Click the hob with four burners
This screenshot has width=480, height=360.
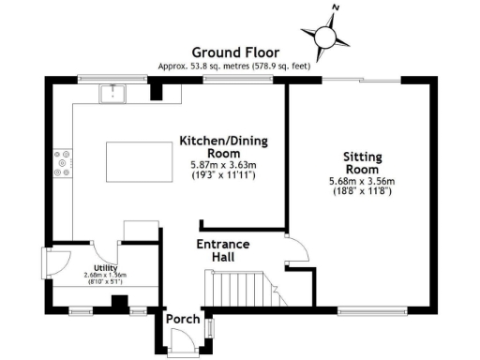point(63,164)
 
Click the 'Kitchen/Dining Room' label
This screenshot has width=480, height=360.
point(224,148)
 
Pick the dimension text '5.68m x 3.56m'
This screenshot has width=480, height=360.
point(360,181)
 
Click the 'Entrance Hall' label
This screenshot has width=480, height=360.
point(222,250)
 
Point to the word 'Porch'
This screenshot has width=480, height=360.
point(183,320)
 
